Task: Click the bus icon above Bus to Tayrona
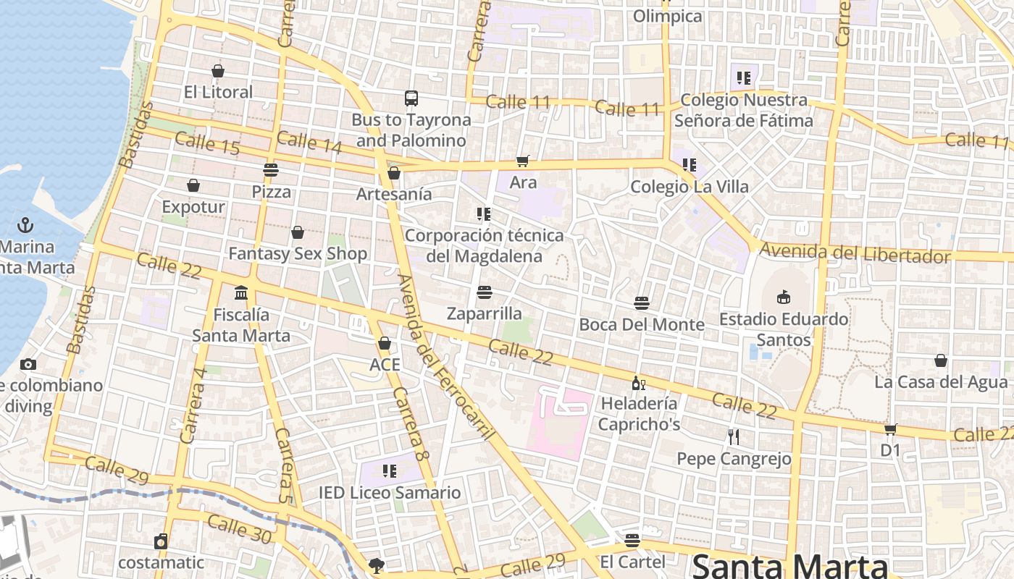[411, 98]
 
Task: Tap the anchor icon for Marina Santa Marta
[25, 224]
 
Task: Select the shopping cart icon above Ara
[522, 161]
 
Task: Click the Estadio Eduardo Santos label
[784, 329]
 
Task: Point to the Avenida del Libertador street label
[855, 254]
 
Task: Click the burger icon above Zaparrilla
[485, 292]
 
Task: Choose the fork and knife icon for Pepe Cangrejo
[734, 436]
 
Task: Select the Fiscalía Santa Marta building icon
[241, 293]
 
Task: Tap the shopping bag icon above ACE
[385, 343]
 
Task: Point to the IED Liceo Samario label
[390, 493]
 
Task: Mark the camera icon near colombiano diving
[28, 364]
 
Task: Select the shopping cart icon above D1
[890, 429]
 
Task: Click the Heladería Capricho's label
[639, 413]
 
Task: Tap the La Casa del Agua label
[941, 381]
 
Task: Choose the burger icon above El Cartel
[632, 540]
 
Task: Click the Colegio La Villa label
[690, 187]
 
